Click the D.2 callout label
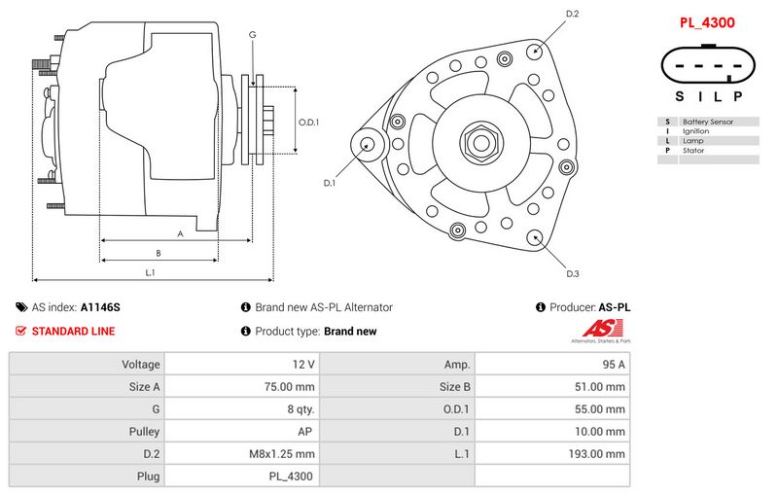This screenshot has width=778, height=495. [x=572, y=14]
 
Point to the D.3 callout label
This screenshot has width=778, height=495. [x=573, y=274]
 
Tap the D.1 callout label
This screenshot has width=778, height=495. [x=330, y=183]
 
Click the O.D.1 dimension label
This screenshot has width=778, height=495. [x=308, y=123]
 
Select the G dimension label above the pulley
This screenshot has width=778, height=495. [x=252, y=35]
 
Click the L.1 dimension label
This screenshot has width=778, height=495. [x=151, y=272]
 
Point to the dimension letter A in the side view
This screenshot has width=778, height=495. [x=180, y=233]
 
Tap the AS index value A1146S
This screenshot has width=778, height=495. [x=100, y=307]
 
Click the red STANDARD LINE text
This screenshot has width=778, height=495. [x=73, y=332]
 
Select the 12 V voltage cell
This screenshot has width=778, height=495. [x=303, y=365]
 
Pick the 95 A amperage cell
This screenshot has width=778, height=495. [x=614, y=365]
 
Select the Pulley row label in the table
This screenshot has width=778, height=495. [x=143, y=431]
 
